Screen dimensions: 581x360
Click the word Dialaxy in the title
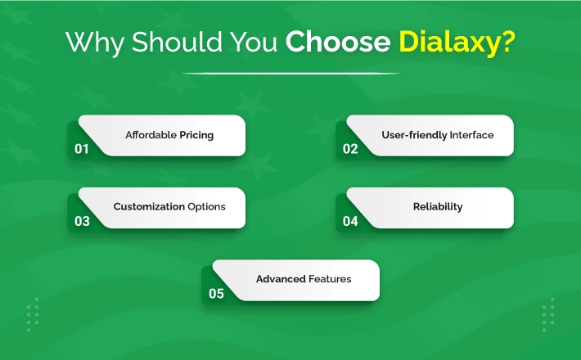448,43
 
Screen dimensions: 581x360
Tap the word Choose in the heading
338,42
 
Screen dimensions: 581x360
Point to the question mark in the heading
507,41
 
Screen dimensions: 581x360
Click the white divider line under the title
290,74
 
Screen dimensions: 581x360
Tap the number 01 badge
82,149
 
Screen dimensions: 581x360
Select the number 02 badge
350,149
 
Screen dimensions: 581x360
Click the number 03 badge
82,221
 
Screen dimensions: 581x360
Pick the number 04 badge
350,221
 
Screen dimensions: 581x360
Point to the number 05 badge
216,294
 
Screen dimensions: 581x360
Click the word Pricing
196,135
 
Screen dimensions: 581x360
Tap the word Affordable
151,135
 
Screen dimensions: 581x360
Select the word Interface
471,135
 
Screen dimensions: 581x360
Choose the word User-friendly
414,135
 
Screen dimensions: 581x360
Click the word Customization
149,206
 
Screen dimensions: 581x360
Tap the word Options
206,207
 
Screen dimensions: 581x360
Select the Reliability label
438,207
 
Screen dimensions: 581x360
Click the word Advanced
281,279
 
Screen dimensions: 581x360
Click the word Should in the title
177,42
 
